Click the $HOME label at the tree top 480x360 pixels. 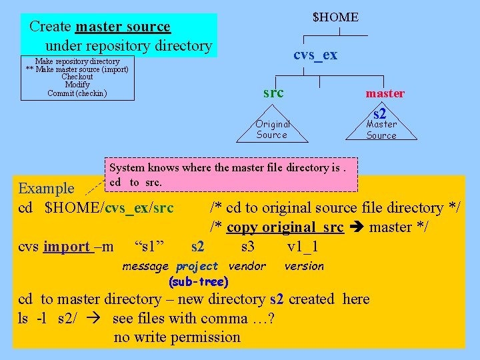tap(335, 17)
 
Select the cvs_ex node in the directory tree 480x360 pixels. tap(315, 55)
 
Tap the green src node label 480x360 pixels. tap(273, 93)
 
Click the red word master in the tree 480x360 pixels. tap(384, 94)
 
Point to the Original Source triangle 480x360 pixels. tap(273, 129)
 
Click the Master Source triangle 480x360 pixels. tap(381, 129)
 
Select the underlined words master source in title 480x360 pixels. tap(123, 27)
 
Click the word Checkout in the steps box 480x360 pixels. tap(77, 77)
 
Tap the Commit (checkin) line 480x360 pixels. tap(77, 93)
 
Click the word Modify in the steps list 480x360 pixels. tap(77, 85)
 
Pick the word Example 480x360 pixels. tap(47, 189)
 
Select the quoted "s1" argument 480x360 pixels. tap(149, 247)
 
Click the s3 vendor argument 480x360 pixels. tap(247, 247)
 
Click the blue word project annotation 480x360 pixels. tap(197, 267)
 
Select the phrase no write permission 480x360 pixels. tap(177, 337)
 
